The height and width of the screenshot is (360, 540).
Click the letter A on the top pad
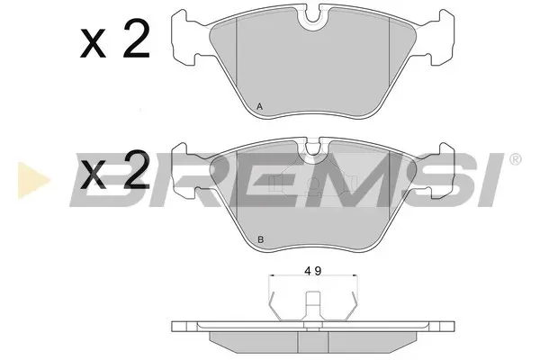tap(260, 107)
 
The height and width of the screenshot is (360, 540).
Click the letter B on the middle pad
tap(261, 239)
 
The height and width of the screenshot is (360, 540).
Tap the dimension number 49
tap(313, 271)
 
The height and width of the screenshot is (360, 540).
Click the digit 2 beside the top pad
tap(137, 39)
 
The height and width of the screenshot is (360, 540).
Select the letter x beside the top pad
tap(93, 43)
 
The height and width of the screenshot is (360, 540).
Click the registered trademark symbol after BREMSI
tap(515, 159)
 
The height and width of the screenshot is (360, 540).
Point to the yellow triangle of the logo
tap(33, 180)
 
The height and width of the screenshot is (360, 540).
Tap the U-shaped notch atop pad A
tap(312, 20)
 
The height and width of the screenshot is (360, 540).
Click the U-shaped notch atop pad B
tap(312, 150)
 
